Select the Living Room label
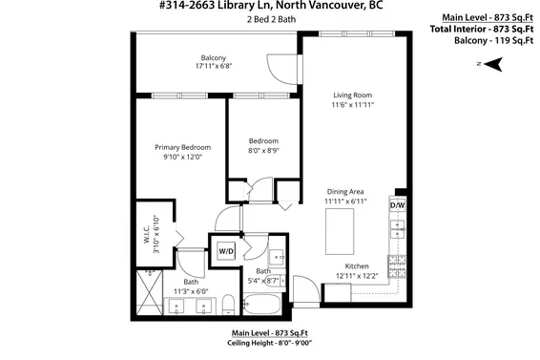(351, 95)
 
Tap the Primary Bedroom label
(182, 147)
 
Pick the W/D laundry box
(227, 250)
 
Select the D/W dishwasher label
(397, 205)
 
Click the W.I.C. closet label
(145, 232)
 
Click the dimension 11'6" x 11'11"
(351, 105)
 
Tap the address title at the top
(270, 7)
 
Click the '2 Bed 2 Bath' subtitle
(270, 20)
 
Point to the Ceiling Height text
(270, 341)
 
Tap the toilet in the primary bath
(230, 306)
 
